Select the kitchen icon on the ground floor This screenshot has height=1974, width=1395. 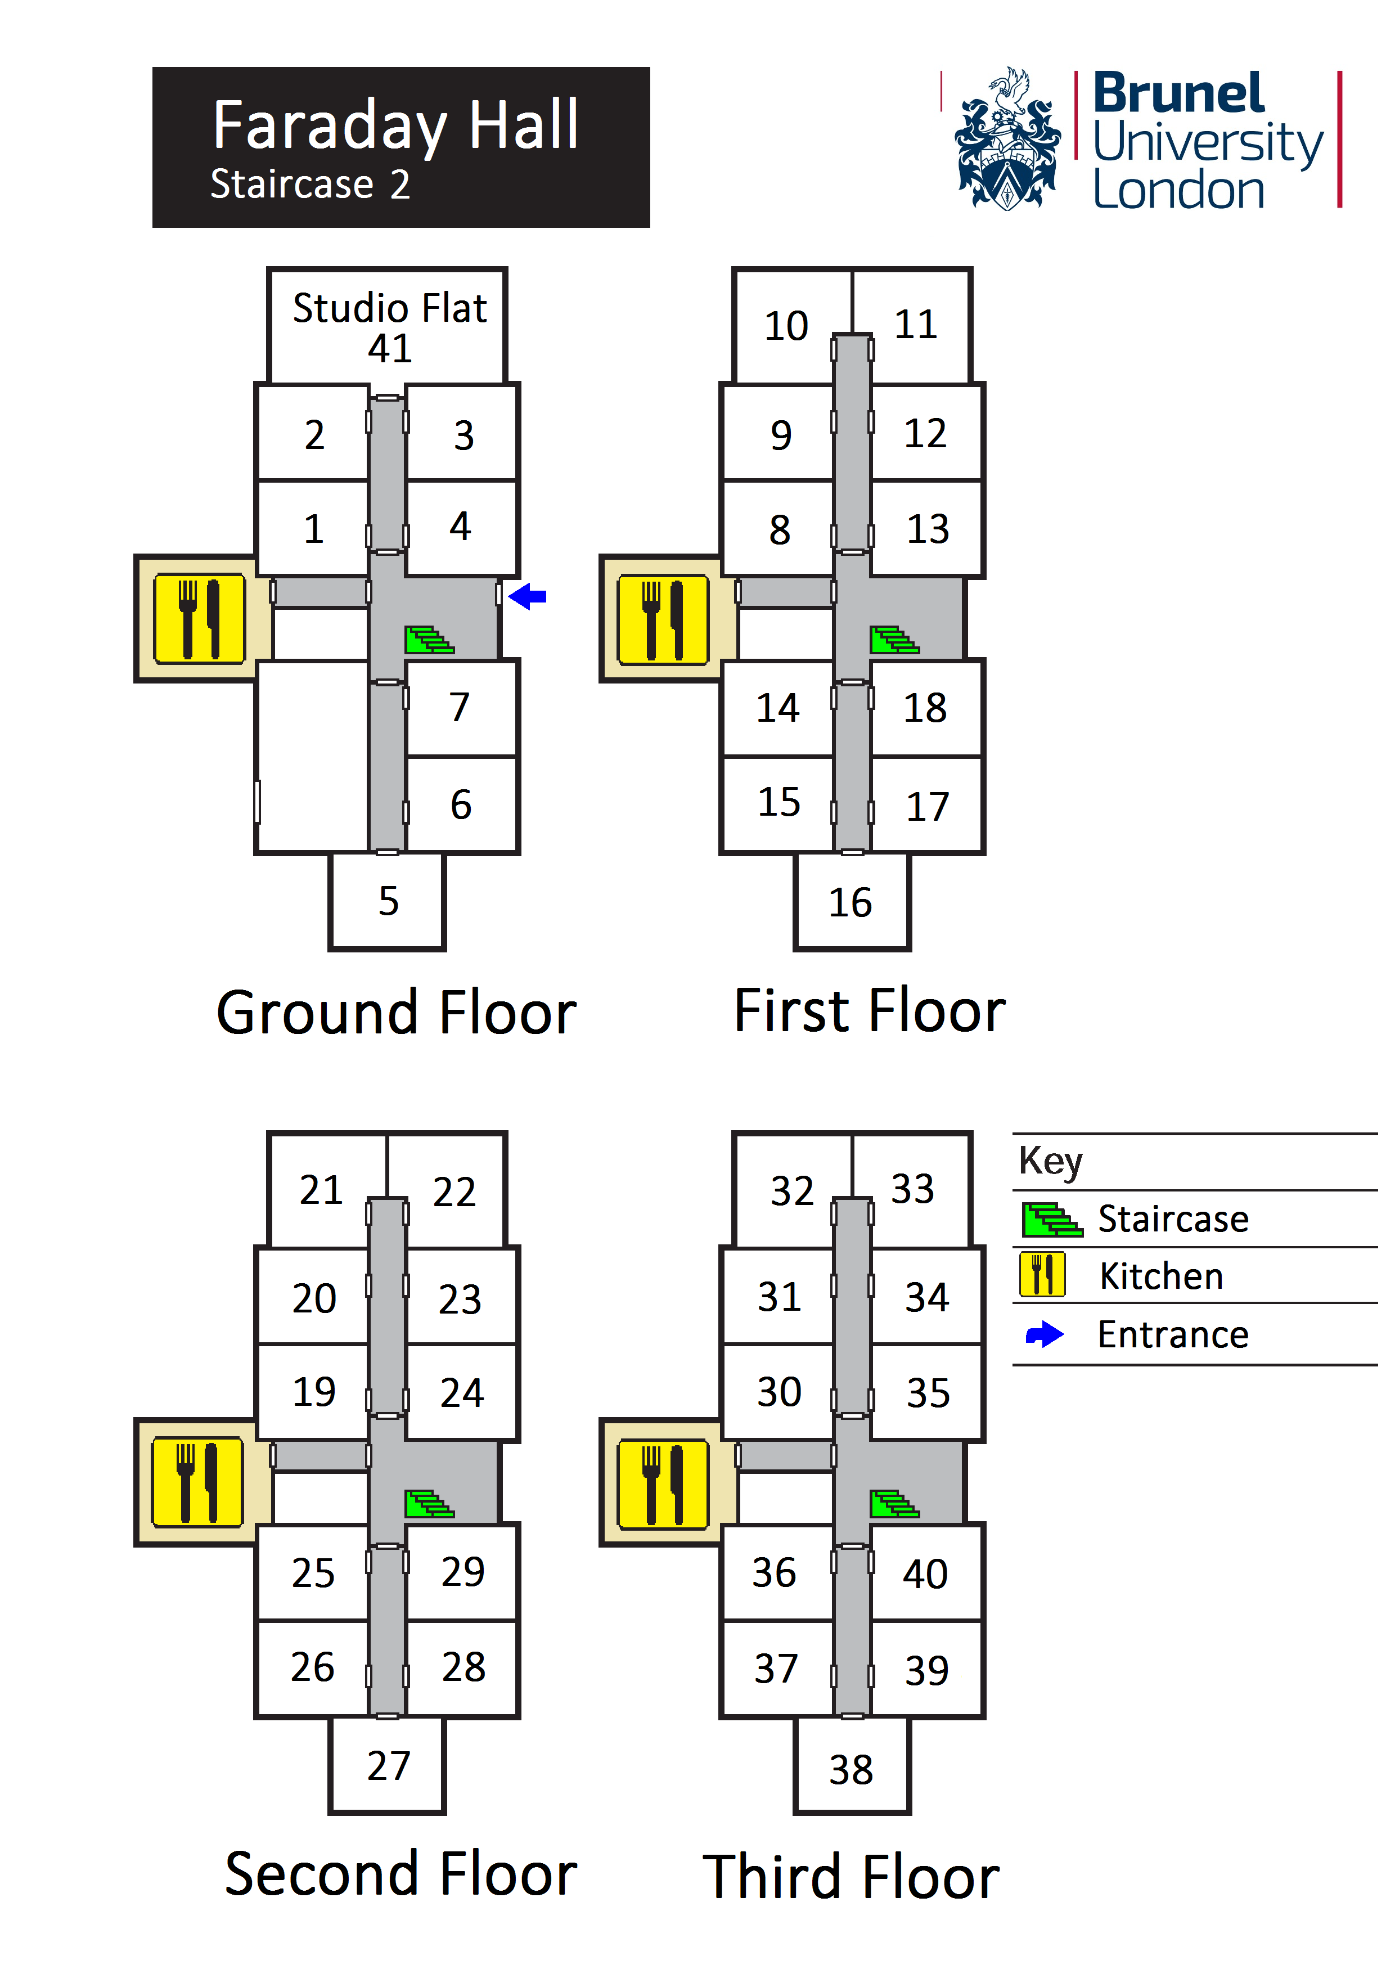click(x=200, y=619)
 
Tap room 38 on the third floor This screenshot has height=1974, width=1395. click(x=851, y=1769)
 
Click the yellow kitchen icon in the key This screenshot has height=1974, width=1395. click(x=1042, y=1275)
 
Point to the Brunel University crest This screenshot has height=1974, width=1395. click(x=1007, y=140)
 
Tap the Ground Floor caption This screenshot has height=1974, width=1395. click(x=396, y=1012)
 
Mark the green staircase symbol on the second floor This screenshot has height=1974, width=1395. click(x=429, y=1504)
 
